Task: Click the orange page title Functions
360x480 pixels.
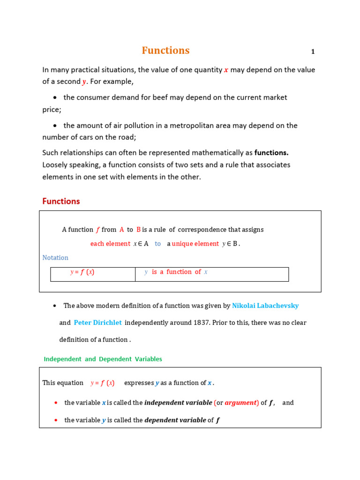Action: (x=165, y=51)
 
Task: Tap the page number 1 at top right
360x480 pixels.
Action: (x=313, y=52)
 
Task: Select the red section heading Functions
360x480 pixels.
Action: (x=61, y=201)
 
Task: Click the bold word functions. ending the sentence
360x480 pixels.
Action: (x=271, y=152)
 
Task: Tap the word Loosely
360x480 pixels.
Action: (x=56, y=165)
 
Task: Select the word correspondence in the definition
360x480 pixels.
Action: (x=202, y=230)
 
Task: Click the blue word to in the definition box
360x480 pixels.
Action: (x=157, y=244)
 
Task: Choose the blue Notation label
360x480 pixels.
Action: (x=55, y=258)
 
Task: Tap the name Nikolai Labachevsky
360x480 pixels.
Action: (x=265, y=306)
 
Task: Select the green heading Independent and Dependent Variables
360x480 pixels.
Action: (x=103, y=359)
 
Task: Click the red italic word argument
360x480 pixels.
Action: (x=241, y=403)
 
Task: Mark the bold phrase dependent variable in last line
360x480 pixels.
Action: (x=175, y=420)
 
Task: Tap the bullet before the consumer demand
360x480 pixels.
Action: (x=55, y=97)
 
